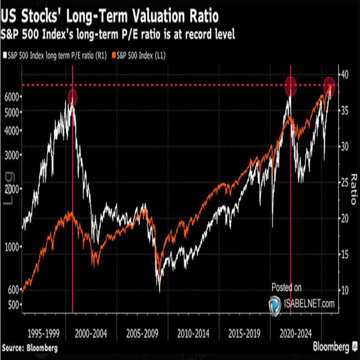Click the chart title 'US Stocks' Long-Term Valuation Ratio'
tap(110, 18)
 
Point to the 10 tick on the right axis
tap(344, 290)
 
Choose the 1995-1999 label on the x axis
tap(44, 334)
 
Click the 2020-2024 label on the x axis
tap(296, 334)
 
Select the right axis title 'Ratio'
tap(353, 189)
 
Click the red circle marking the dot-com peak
tap(72, 97)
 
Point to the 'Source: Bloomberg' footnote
tap(30, 348)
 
